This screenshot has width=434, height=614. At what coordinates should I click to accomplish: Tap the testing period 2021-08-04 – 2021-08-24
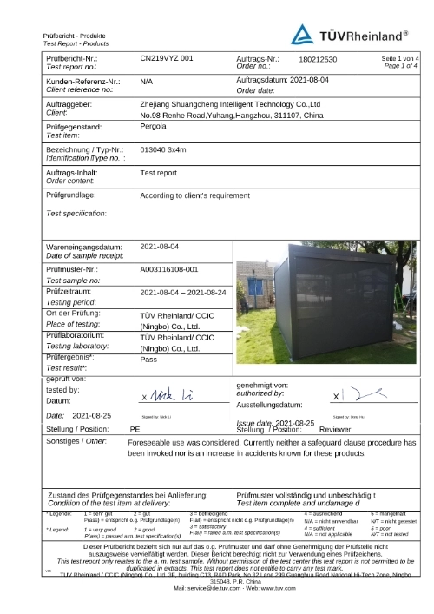pos(188,293)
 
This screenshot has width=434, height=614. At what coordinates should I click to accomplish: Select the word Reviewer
pos(335,429)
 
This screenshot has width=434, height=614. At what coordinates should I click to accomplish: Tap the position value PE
pos(135,429)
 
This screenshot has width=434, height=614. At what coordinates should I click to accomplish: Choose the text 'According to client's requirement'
pos(201,196)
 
